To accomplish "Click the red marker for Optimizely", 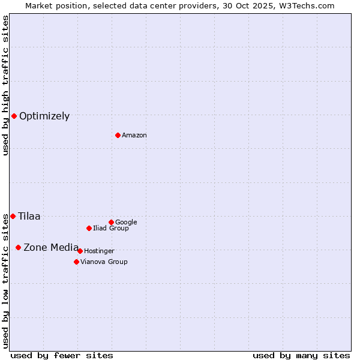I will [x=14, y=116].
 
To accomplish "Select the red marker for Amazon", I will [x=118, y=135].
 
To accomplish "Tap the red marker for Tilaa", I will [x=13, y=216].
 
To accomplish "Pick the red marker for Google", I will [x=111, y=222].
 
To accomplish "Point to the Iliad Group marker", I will [x=89, y=228].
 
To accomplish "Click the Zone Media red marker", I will [x=18, y=247].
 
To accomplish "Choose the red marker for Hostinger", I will [x=80, y=251].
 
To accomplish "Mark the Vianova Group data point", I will [x=76, y=262].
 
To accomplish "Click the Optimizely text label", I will [x=44, y=116].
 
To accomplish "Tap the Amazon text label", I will [x=134, y=136].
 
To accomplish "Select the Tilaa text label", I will [x=29, y=217].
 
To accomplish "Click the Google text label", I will [x=126, y=223].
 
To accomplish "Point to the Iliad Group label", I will [x=111, y=229].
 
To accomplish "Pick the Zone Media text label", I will [x=51, y=248].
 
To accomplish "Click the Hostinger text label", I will [x=99, y=251].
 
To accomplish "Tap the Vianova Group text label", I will [x=104, y=262].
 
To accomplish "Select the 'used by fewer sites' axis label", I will [x=62, y=355].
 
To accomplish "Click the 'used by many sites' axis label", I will [x=301, y=355].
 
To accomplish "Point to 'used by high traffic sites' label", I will [x=5, y=85].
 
